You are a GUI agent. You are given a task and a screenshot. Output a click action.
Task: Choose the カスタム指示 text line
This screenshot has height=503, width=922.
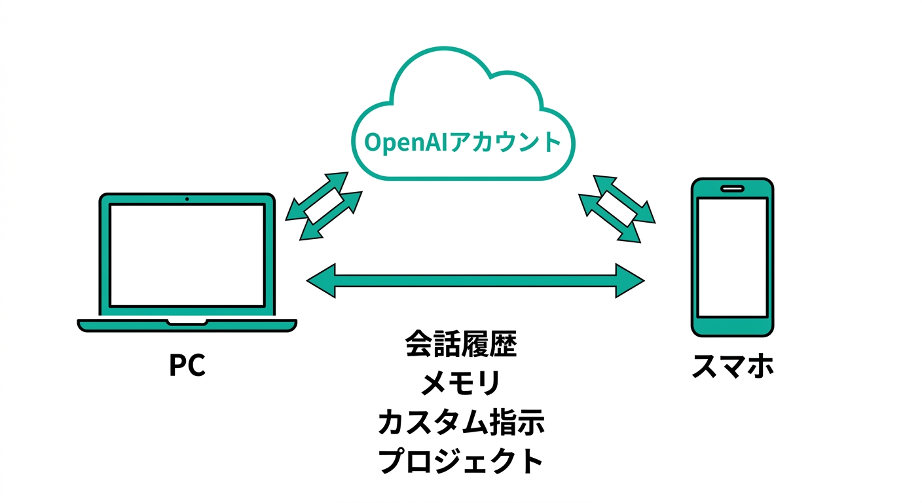pos(461,422)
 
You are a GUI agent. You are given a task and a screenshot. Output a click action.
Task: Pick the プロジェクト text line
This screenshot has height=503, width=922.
pos(461,461)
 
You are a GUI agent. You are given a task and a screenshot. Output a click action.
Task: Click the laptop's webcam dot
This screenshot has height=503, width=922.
pos(187,198)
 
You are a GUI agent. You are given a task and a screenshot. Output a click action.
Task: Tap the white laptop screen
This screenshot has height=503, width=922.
pos(187,255)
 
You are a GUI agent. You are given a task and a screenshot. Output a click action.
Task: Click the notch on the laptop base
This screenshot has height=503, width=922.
pos(187,322)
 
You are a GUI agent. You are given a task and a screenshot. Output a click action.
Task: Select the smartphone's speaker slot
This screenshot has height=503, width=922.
pos(733,189)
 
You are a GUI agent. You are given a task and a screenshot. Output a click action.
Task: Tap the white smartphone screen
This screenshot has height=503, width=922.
pos(733,257)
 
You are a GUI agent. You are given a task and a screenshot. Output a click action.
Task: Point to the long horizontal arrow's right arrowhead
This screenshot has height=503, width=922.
pos(630,281)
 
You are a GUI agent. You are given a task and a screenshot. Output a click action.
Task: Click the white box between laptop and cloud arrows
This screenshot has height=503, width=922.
pos(325,206)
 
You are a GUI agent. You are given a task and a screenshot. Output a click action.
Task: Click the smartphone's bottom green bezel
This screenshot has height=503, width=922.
pos(733,326)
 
